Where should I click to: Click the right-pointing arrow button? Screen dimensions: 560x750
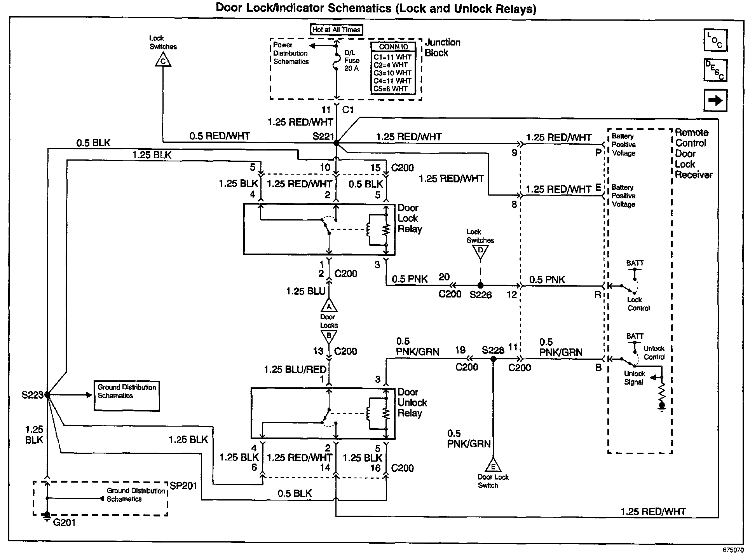click(x=715, y=101)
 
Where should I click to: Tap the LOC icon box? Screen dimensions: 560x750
click(x=715, y=40)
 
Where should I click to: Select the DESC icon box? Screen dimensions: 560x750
click(x=715, y=70)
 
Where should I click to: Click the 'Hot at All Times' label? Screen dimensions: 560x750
click(x=337, y=30)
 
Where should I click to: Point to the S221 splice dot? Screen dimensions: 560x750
click(x=337, y=143)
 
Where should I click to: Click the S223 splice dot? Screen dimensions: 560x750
click(x=47, y=395)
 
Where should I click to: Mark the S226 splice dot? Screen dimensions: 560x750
click(x=480, y=285)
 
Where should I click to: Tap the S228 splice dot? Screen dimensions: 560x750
click(x=493, y=359)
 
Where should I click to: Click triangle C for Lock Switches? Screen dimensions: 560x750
click(x=163, y=61)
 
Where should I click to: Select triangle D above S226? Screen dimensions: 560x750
click(x=481, y=251)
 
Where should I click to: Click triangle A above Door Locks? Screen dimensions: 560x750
click(x=329, y=306)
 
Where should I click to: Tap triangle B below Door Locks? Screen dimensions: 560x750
click(x=329, y=336)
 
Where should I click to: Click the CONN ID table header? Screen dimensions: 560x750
click(x=393, y=47)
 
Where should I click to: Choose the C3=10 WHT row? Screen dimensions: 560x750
click(x=392, y=73)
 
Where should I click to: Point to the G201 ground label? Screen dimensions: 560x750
click(x=64, y=523)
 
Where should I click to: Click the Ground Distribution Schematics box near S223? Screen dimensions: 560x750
click(x=127, y=395)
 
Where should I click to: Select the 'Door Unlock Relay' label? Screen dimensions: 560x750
click(x=412, y=402)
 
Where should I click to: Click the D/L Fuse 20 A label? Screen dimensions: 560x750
click(x=352, y=60)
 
